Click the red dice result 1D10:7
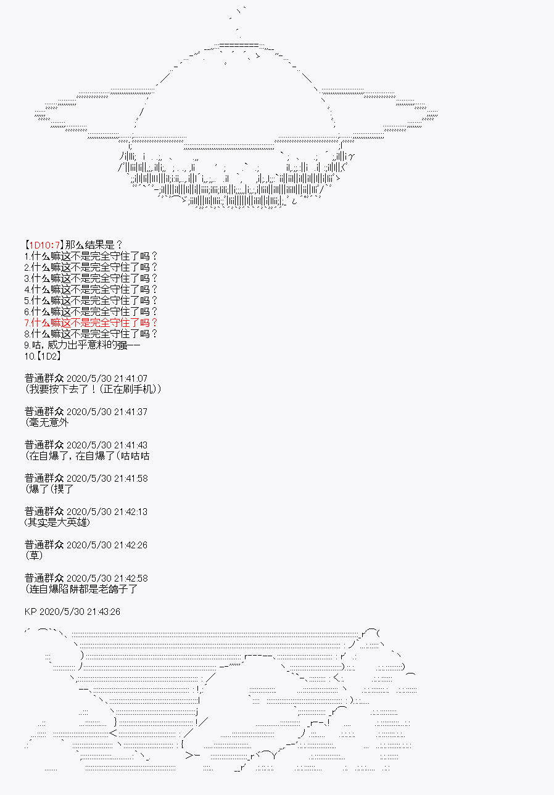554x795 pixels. click(44, 245)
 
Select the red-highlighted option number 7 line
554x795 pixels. click(91, 323)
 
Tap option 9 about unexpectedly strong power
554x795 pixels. click(82, 345)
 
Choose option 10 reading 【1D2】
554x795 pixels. click(43, 356)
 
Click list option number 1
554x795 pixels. click(91, 256)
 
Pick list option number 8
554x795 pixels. click(91, 334)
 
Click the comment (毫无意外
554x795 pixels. click(47, 422)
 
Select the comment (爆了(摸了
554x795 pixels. click(49, 489)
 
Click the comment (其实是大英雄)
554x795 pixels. click(57, 522)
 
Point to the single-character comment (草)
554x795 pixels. click(34, 556)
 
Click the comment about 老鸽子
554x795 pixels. click(81, 589)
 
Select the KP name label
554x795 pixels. click(31, 611)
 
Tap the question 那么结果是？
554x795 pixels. click(94, 245)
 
